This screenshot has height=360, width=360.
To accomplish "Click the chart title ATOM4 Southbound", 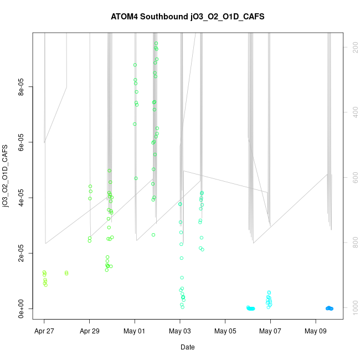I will coord(188,17).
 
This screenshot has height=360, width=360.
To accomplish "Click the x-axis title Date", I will coord(188,347).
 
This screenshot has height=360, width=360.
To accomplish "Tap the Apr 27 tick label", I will coord(44,332).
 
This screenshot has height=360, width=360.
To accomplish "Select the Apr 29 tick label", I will coord(90,332).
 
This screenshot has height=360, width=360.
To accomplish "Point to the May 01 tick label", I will coord(135,332).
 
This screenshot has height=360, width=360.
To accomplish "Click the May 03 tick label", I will coord(180,332).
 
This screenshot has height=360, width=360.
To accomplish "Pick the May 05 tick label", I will coord(225,332).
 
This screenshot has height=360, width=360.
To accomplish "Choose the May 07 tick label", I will coord(270,332).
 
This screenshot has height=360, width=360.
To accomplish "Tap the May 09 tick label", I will coord(316,332).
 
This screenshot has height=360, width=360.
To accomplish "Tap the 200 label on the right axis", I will coord(353,48).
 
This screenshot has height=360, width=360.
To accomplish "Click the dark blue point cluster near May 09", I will coord(329,308).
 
